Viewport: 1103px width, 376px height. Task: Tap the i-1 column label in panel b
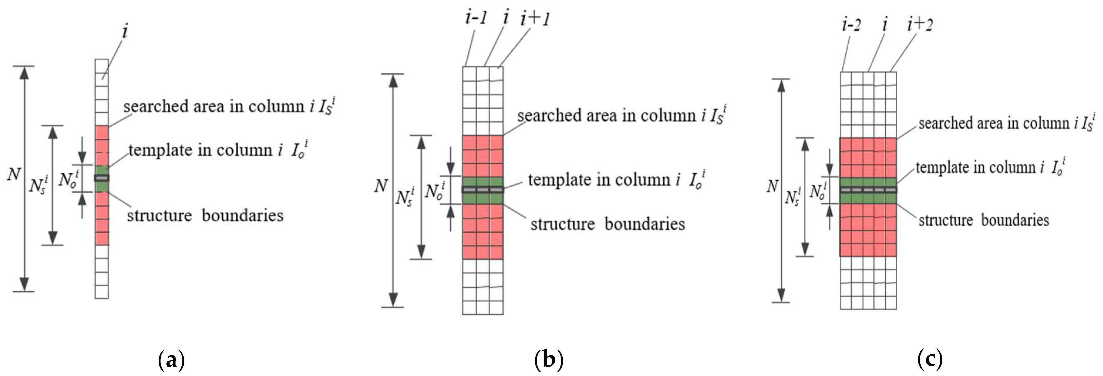476,18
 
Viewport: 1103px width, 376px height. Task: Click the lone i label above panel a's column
125,31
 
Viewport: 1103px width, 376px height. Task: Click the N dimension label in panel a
14,174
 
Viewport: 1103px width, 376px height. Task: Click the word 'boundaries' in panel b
645,224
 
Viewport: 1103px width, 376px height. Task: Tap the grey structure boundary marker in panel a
102,178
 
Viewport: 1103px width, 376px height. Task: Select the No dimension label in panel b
434,191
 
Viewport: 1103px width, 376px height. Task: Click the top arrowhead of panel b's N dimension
393,81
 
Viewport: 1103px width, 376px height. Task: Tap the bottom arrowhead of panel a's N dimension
24,284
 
